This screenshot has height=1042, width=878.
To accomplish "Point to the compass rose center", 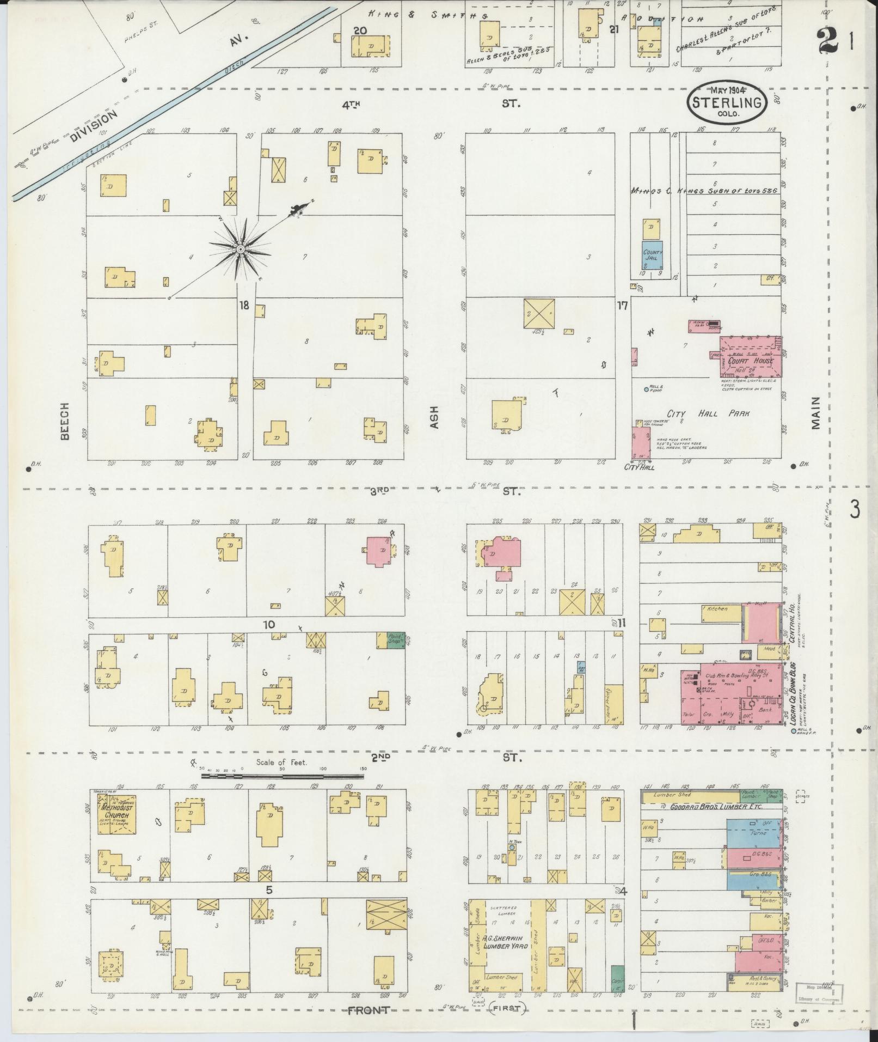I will tap(240, 249).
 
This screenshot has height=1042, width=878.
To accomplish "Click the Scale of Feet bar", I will tap(283, 774).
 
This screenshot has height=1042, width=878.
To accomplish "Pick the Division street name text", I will tap(93, 126).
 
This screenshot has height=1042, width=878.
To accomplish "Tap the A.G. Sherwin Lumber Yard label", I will tap(504, 942).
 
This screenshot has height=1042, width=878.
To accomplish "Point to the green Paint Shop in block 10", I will tap(392, 639).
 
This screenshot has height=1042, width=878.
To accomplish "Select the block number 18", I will tap(243, 305).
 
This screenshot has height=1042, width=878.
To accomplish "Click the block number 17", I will tap(622, 305).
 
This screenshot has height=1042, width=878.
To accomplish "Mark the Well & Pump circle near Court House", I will tap(646, 389).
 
